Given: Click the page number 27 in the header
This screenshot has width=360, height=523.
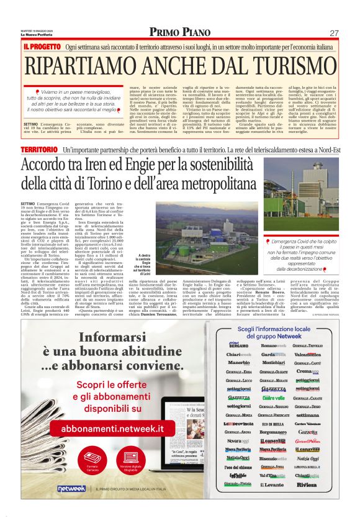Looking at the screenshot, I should [333, 32].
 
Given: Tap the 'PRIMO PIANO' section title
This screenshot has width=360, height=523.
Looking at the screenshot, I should [179, 32].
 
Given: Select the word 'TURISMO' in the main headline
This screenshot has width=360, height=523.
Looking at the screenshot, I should [274, 65].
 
